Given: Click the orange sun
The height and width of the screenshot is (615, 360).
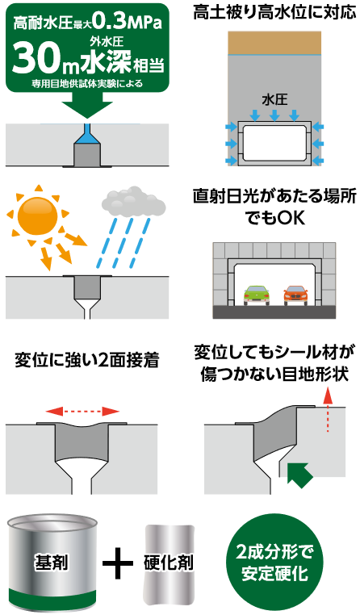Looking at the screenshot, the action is (x=38, y=216).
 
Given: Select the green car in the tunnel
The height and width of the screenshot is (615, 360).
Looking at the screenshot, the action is (x=257, y=295).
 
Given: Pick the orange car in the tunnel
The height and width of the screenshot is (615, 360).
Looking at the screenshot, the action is (x=297, y=295).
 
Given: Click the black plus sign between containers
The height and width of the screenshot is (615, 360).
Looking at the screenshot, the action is (x=118, y=563).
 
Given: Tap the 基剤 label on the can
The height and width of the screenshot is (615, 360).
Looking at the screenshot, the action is (x=52, y=563).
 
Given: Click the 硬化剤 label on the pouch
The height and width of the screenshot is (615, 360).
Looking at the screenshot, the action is (x=169, y=563).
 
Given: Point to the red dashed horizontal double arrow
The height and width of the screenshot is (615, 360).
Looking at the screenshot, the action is (x=82, y=412).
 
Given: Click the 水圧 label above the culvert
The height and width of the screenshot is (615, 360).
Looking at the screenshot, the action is (x=274, y=99).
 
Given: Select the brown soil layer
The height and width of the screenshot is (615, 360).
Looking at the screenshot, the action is (x=274, y=43).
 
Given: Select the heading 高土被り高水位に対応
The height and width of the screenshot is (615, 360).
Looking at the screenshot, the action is (x=274, y=13).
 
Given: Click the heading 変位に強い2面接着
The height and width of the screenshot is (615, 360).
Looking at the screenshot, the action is (x=87, y=361).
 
